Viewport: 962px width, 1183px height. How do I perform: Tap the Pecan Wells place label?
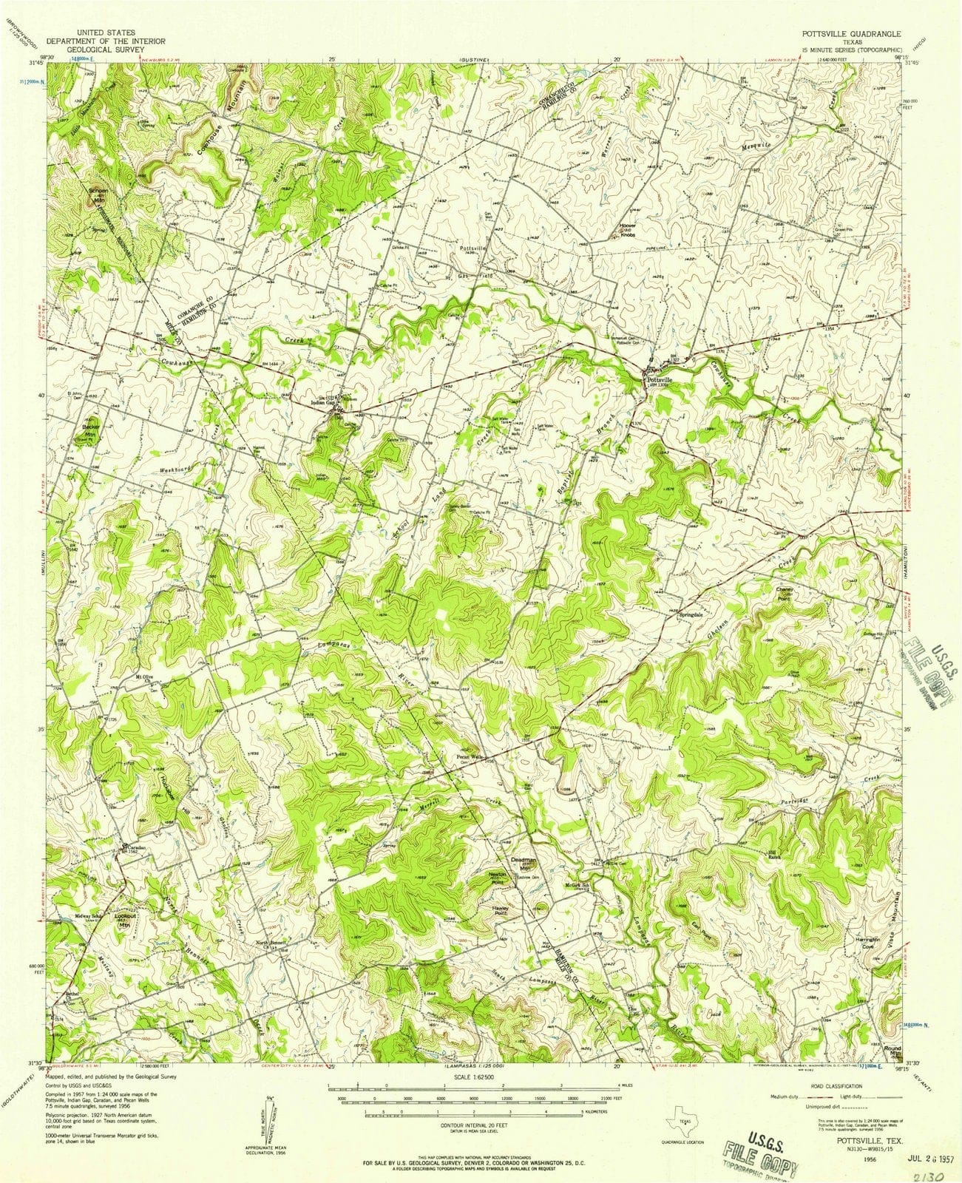pos(469,756)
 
